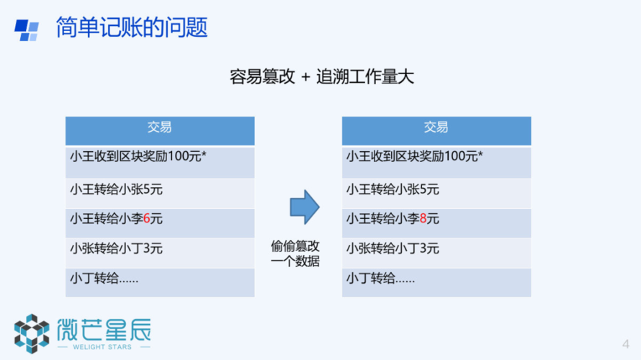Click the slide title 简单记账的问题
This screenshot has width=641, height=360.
pyautogui.click(x=132, y=27)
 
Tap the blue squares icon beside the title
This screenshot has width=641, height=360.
pyautogui.click(x=27, y=30)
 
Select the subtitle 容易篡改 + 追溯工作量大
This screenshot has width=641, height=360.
pyautogui.click(x=322, y=77)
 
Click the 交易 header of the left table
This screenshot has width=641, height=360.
pyautogui.click(x=159, y=127)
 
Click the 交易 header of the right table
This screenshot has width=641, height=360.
pyautogui.click(x=436, y=127)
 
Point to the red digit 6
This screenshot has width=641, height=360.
pyautogui.click(x=147, y=219)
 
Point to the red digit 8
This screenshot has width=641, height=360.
pyautogui.click(x=423, y=219)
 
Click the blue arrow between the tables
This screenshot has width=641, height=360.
pyautogui.click(x=305, y=207)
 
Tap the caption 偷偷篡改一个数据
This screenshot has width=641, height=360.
pyautogui.click(x=295, y=253)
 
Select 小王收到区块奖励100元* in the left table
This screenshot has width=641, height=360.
pyautogui.click(x=138, y=156)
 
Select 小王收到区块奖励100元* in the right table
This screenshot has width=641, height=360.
pyautogui.click(x=415, y=156)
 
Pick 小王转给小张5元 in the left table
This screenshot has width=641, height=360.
pyautogui.click(x=116, y=189)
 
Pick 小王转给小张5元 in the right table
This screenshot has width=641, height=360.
pyautogui.click(x=393, y=189)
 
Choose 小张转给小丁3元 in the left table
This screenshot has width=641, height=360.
pyautogui.click(x=116, y=248)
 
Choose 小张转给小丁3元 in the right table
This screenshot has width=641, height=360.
pyautogui.click(x=393, y=248)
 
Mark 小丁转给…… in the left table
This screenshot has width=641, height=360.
pyautogui.click(x=104, y=278)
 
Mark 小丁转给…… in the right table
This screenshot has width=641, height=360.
pyautogui.click(x=380, y=278)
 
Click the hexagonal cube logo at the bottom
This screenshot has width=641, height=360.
pyautogui.click(x=32, y=333)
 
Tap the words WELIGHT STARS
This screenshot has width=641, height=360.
pyautogui.click(x=102, y=347)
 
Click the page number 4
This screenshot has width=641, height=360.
pyautogui.click(x=625, y=344)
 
